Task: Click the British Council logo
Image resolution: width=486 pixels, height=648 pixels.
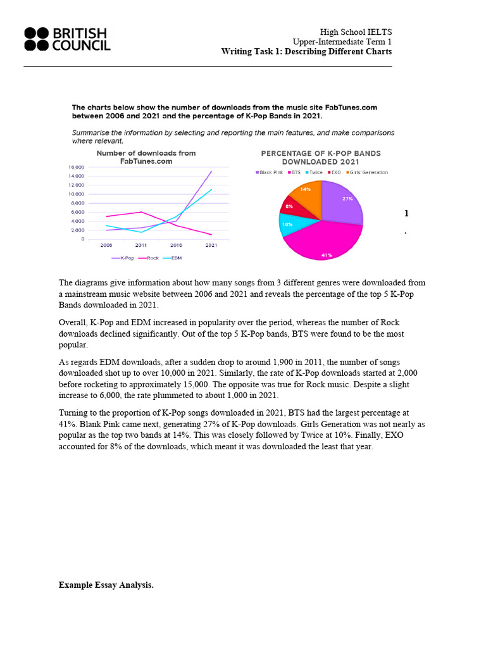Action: pos(67,39)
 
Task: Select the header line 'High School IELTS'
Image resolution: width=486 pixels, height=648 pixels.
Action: pos(356,32)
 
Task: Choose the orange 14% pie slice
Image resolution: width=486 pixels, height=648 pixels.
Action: pos(307,190)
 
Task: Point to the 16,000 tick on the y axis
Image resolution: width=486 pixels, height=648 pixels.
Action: pos(76,166)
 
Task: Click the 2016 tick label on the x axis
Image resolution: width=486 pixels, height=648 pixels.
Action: pos(176,244)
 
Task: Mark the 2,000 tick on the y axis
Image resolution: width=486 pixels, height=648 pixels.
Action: pos(77,230)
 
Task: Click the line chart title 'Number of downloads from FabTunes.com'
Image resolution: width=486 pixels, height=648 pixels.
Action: pos(146,157)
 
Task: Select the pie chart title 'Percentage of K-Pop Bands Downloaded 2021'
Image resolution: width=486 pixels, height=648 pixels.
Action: pos(321,157)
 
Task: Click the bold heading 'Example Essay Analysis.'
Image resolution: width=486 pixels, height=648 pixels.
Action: pos(106,585)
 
